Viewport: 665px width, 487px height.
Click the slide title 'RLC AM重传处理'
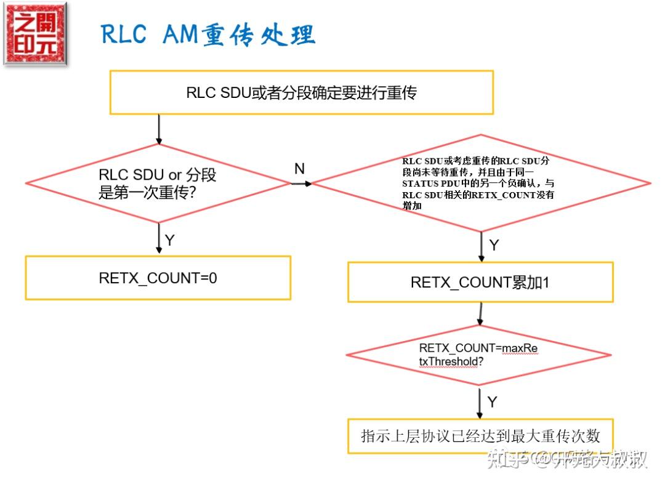click(x=208, y=34)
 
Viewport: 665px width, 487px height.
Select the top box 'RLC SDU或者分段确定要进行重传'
click(x=301, y=92)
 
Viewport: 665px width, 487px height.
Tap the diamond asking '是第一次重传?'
click(x=158, y=183)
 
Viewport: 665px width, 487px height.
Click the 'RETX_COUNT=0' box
click(x=158, y=278)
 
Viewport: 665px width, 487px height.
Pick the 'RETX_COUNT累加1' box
click(x=480, y=282)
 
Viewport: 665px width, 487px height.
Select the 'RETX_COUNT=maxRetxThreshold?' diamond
click(x=478, y=355)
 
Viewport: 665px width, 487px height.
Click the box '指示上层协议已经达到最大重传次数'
click(x=480, y=436)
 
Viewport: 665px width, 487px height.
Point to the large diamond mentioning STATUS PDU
click(x=481, y=183)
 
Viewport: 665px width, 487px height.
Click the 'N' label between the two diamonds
click(x=299, y=169)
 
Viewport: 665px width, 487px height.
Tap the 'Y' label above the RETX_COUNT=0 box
click(x=170, y=240)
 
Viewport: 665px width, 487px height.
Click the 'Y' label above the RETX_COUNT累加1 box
click(x=493, y=245)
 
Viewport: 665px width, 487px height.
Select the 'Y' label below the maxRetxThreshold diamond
click(x=492, y=402)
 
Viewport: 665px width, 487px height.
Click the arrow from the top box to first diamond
click(x=159, y=129)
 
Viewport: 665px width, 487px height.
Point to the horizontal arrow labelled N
click(x=301, y=183)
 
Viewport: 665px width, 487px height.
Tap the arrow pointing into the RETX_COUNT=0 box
click(x=159, y=238)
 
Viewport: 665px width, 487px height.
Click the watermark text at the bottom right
click(x=566, y=459)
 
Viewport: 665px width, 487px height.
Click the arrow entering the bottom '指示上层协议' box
click(x=480, y=403)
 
